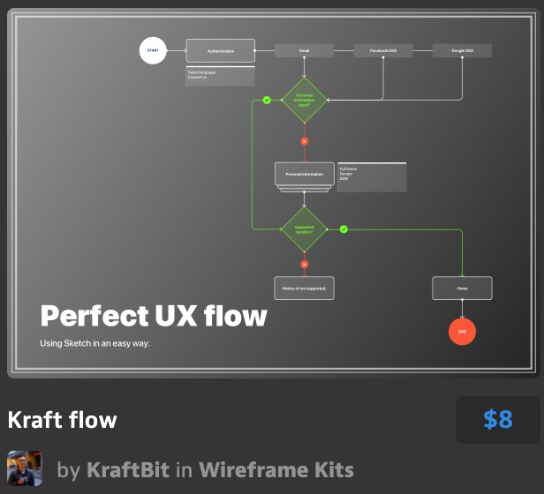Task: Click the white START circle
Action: coord(153,51)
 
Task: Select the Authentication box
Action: coord(220,51)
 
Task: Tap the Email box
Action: coord(304,51)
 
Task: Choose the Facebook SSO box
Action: coord(382,51)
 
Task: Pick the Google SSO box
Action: coord(462,51)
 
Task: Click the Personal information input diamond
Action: coord(304,99)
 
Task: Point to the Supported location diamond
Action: coord(304,229)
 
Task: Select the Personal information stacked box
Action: coord(304,175)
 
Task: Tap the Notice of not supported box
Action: coord(304,288)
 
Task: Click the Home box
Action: coord(462,288)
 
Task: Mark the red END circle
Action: coord(462,332)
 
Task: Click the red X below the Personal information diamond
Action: coord(304,141)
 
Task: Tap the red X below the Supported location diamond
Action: coord(304,264)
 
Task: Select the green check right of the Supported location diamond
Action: coord(344,229)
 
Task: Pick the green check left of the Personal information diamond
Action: coord(267,100)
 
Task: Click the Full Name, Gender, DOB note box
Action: coord(372,177)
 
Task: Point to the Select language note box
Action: coord(220,76)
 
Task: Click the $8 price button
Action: coord(497,420)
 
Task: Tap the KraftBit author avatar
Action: coord(25,468)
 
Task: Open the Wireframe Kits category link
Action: coord(276,469)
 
